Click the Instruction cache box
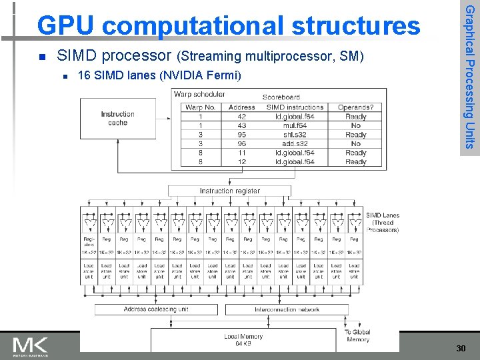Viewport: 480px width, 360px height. point(117,119)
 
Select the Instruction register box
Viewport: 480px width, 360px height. point(229,191)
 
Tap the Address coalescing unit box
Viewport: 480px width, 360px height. point(156,309)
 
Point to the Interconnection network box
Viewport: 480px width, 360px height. point(287,309)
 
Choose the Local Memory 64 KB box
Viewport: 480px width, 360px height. point(243,339)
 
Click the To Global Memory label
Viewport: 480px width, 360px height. point(357,336)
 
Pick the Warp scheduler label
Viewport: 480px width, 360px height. point(199,95)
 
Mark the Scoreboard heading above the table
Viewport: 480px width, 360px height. point(281,97)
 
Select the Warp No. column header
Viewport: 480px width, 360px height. point(200,107)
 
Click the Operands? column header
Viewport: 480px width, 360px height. point(355,107)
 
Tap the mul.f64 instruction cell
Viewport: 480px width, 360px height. point(294,125)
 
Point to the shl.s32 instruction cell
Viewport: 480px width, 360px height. point(294,135)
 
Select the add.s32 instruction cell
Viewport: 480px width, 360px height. point(294,143)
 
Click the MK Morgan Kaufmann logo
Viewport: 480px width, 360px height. point(31,347)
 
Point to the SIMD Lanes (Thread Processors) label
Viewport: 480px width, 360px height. point(383,223)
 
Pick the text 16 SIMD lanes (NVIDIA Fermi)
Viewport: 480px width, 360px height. point(159,75)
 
